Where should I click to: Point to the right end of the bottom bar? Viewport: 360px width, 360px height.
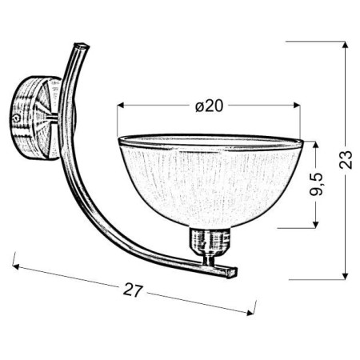(235, 273)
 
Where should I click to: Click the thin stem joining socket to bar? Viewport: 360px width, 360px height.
(210, 258)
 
